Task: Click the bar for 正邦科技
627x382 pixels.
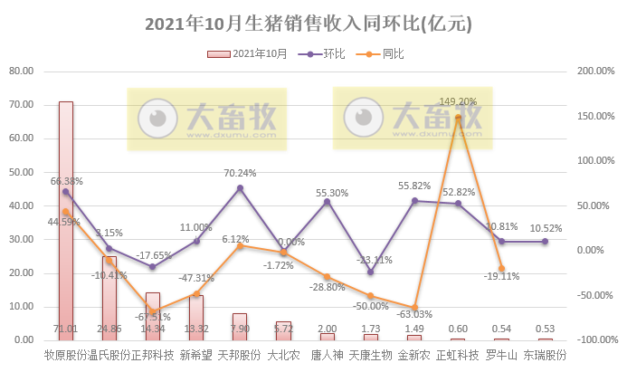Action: coord(152,316)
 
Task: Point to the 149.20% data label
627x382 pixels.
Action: coord(457,101)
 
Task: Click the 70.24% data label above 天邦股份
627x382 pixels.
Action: coord(240,173)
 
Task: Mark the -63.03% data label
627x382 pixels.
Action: coord(414,314)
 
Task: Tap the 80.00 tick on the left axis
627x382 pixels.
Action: coord(20,71)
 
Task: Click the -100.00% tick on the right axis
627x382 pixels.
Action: coord(597,339)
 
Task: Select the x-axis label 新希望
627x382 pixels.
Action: coord(195,356)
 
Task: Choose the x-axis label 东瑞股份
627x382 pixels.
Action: coord(545,356)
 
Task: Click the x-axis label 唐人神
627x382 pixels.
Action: coord(327,356)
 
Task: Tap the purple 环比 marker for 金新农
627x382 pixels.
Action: coord(414,200)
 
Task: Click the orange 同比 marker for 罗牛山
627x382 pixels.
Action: coord(501,269)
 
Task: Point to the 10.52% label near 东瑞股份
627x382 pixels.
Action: coord(545,228)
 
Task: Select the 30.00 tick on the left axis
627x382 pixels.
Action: coord(20,239)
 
